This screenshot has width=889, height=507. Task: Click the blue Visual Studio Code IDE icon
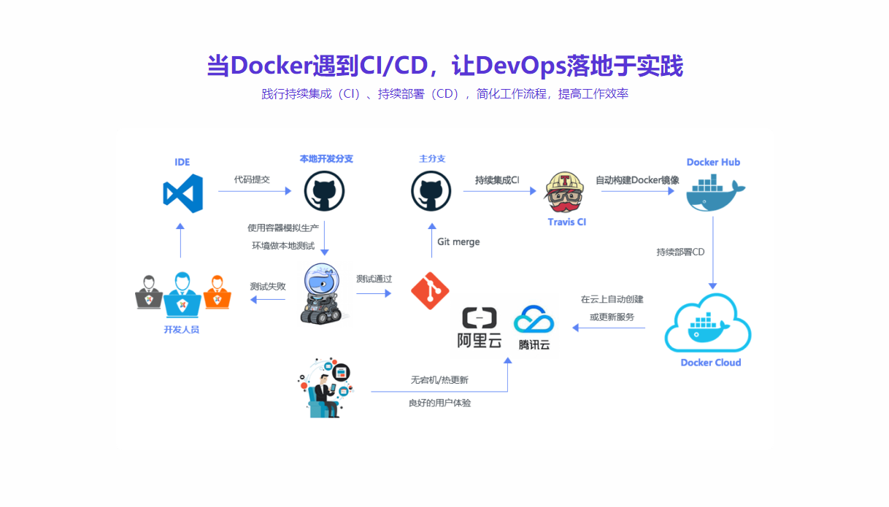[x=182, y=193]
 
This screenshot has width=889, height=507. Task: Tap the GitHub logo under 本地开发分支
[x=324, y=191]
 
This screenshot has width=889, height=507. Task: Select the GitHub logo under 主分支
[x=431, y=191]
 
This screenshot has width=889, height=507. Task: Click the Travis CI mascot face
[x=564, y=193]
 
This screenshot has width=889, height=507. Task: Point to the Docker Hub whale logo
[x=715, y=192]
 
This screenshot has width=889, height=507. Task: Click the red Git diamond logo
[x=430, y=290]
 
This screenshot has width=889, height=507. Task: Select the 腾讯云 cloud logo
[x=534, y=328]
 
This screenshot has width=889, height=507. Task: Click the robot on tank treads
[x=322, y=293]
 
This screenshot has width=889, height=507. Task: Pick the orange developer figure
[x=217, y=293]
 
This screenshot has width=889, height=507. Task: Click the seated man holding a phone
[x=326, y=390]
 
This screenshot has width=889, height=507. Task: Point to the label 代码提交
[x=252, y=179]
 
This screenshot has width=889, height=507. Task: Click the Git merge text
[x=458, y=242]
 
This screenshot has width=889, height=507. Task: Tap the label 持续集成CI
[x=497, y=180]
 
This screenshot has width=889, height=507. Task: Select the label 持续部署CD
[x=680, y=252]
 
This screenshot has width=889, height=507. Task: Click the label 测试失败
[x=268, y=287]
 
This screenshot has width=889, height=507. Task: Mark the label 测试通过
[x=374, y=279]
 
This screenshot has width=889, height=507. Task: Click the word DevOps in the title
[x=520, y=66]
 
